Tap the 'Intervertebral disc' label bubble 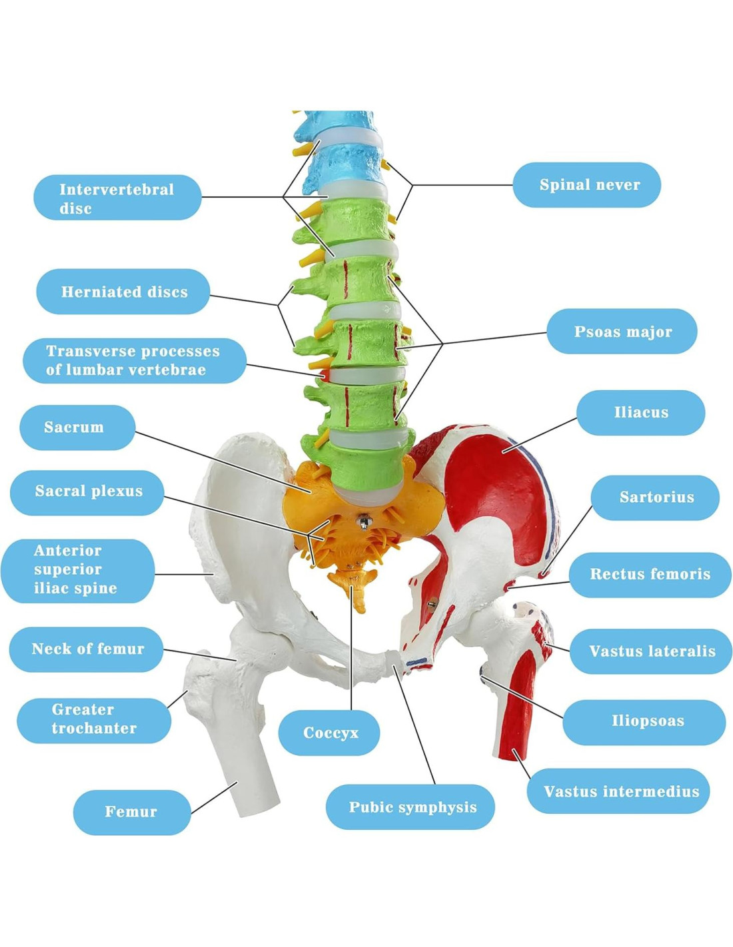point(117,198)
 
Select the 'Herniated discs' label point(123,292)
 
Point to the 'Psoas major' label point(622,332)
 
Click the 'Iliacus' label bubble point(640,413)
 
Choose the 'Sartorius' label point(655,497)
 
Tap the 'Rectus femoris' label point(650,574)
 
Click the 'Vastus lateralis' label point(651,651)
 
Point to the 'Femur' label point(132,812)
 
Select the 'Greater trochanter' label point(94,720)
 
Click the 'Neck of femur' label point(87,649)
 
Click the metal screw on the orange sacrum point(363,519)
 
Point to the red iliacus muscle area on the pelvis point(493,493)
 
